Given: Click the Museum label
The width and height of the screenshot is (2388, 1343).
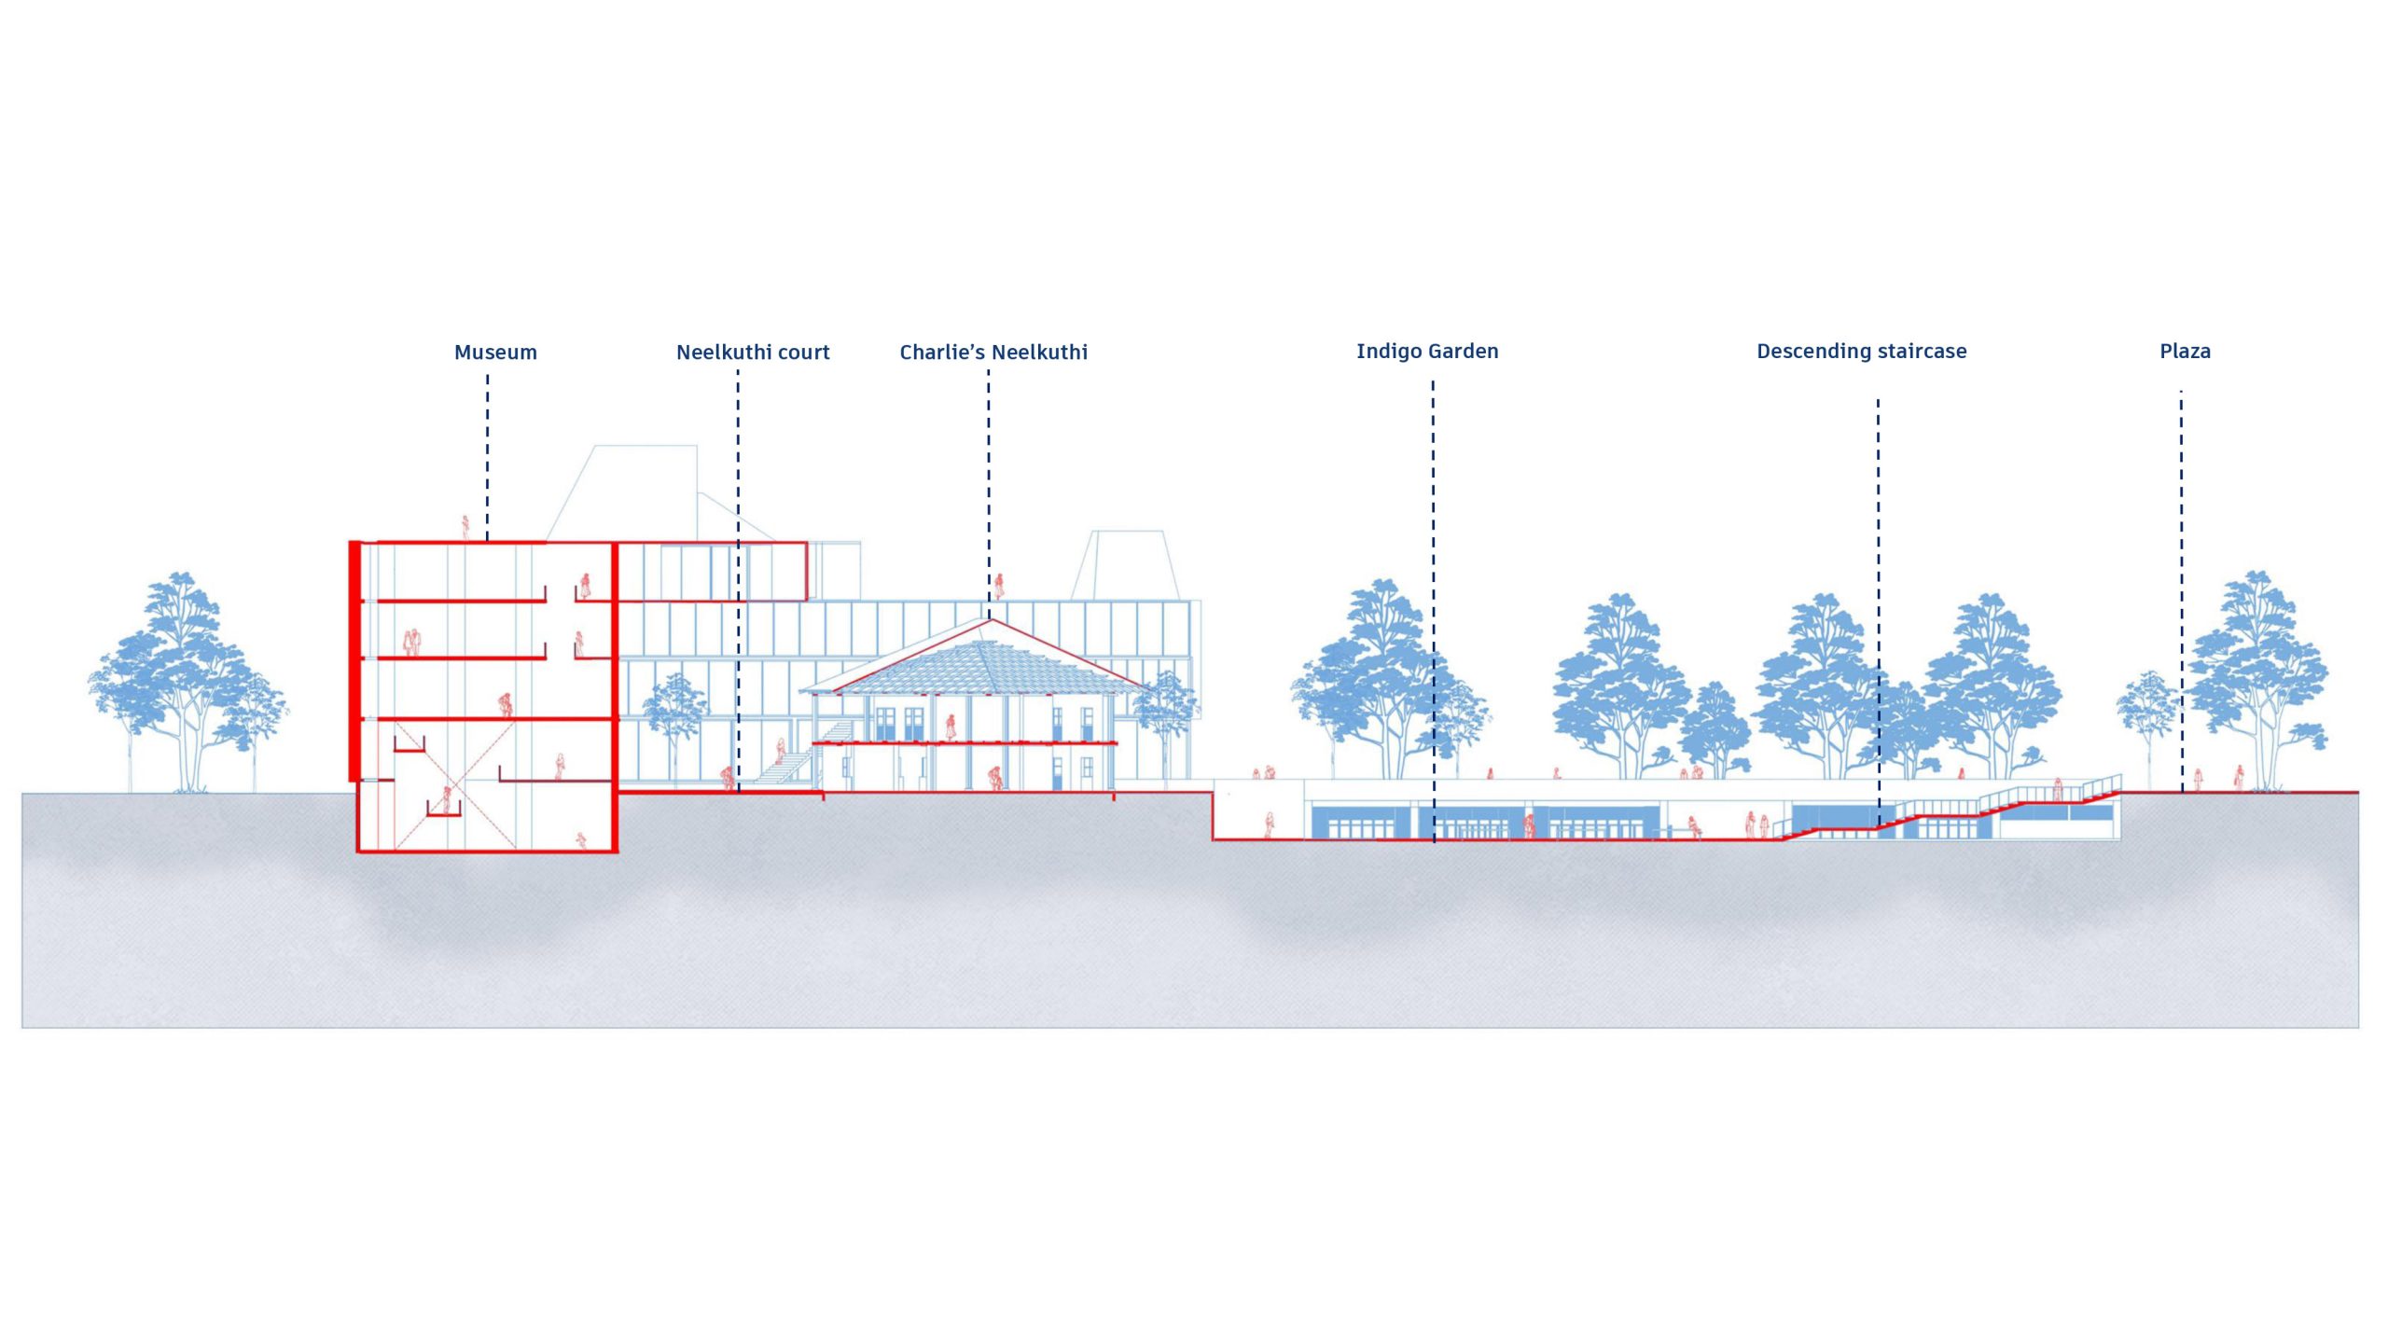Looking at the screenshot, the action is tap(495, 353).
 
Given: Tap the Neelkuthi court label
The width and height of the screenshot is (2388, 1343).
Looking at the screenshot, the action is tap(753, 353).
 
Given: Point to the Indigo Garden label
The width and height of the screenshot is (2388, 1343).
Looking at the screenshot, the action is tap(1427, 352).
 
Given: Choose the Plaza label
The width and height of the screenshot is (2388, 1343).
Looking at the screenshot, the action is tap(2185, 352).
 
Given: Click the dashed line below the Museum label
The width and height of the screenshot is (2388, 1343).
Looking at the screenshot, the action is tap(487, 457).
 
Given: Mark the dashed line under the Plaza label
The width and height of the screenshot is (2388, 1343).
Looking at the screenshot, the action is tap(2181, 591).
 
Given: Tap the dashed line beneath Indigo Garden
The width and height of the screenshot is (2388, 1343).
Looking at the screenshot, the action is tap(1433, 611).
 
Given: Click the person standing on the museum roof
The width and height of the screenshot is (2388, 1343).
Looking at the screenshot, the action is tap(465, 528).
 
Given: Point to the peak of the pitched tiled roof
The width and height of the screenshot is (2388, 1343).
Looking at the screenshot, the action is tap(990, 618).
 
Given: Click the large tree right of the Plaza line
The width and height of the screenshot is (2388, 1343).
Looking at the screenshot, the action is tap(2257, 681).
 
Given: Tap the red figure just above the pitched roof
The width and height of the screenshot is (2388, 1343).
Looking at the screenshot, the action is tap(999, 586).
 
